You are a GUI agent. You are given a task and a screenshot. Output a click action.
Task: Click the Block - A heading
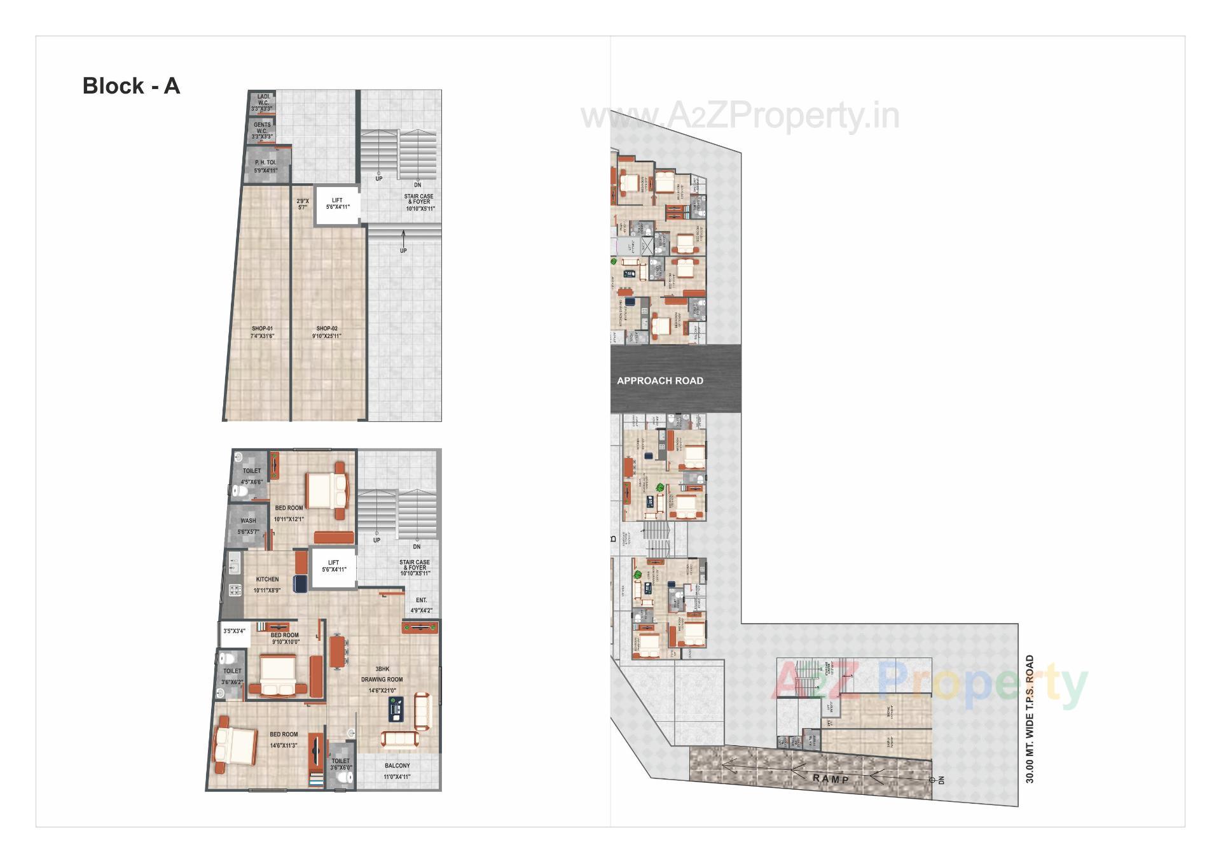131,86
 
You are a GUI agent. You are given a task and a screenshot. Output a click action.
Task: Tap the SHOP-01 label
262,332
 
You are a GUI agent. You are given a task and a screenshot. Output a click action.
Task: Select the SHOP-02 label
327,332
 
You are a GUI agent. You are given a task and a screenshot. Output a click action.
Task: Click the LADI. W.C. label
263,102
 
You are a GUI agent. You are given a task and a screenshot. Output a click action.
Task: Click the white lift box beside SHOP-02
337,205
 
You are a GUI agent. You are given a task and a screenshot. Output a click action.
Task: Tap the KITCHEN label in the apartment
267,584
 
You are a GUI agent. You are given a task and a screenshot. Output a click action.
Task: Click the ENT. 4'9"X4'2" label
421,605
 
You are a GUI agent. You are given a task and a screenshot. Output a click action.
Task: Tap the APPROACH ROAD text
660,381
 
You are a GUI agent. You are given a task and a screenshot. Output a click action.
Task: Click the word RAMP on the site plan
831,779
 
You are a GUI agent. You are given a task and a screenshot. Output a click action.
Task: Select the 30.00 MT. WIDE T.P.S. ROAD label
1030,719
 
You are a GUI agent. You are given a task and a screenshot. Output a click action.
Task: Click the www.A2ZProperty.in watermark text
740,116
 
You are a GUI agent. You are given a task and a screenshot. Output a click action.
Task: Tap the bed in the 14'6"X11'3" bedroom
235,745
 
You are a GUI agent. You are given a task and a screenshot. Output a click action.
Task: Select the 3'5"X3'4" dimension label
234,631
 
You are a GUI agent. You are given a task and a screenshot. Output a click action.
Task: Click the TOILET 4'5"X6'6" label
252,476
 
